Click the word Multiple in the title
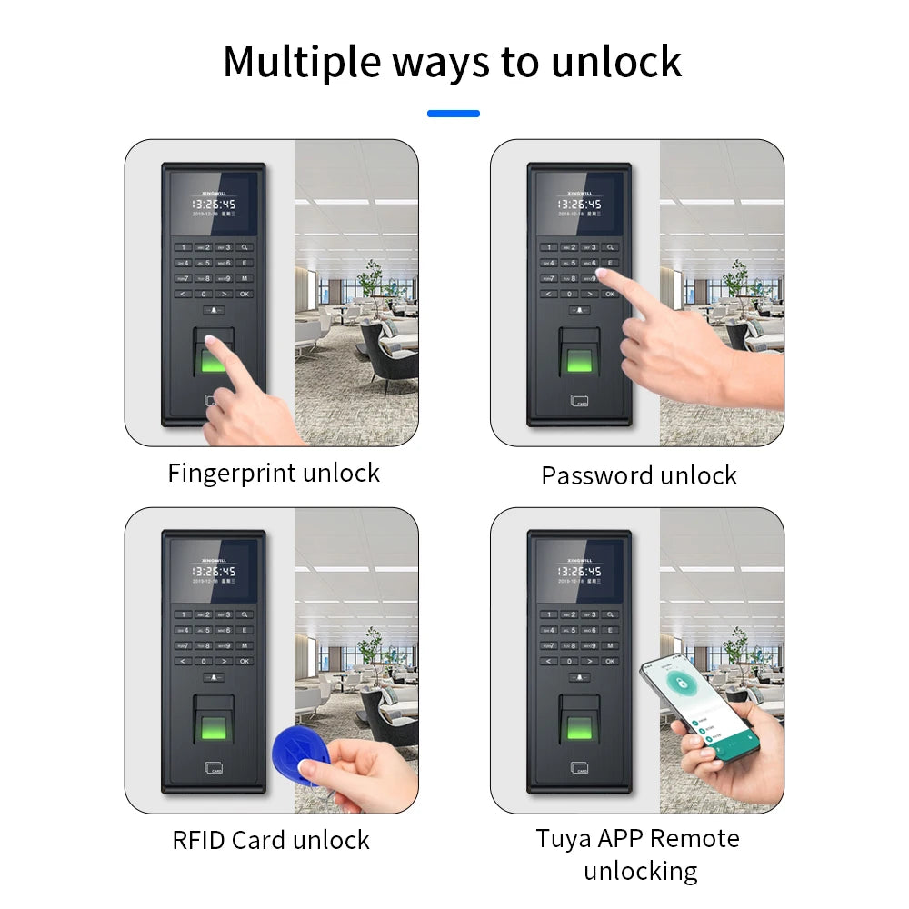[303, 62]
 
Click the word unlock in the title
[615, 62]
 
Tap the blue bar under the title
[453, 114]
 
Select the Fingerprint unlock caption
[274, 474]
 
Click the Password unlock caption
[639, 475]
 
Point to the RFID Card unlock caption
[271, 840]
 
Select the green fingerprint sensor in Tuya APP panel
[579, 727]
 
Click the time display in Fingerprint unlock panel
[214, 205]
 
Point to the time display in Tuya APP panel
[579, 572]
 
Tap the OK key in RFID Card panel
[245, 661]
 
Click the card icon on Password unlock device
[579, 401]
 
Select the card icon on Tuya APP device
[579, 768]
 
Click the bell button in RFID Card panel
[214, 678]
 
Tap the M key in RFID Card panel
[245, 645]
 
